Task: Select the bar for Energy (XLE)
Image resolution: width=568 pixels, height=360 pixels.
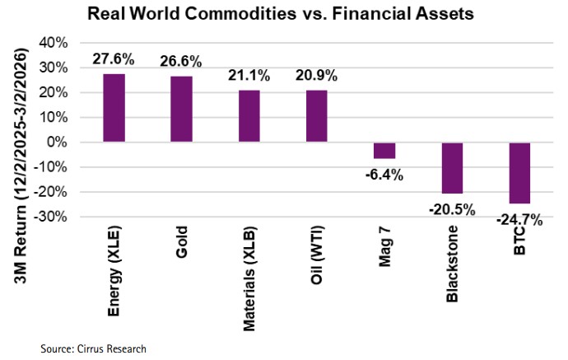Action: pyautogui.click(x=114, y=108)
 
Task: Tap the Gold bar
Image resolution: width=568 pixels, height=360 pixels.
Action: pyautogui.click(x=181, y=110)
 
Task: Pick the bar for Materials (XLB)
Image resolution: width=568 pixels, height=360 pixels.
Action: pyautogui.click(x=249, y=116)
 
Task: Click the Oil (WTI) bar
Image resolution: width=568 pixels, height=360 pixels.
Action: pyautogui.click(x=316, y=116)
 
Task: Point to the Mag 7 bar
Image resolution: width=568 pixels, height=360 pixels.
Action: pyautogui.click(x=384, y=150)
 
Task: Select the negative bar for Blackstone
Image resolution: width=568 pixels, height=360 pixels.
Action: pyautogui.click(x=452, y=167)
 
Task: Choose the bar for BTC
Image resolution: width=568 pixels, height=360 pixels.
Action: pyautogui.click(x=519, y=173)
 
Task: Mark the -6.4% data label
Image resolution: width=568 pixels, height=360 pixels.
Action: pyautogui.click(x=384, y=174)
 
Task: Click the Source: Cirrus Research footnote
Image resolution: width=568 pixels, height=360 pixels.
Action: pyautogui.click(x=93, y=349)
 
